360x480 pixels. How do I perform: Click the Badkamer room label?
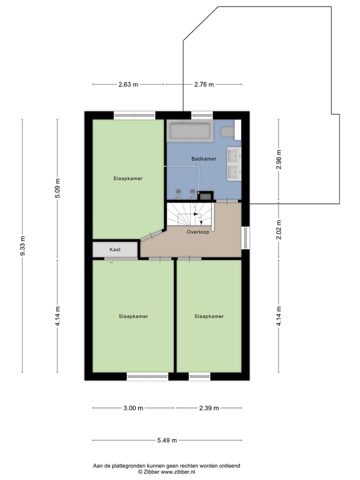tap(203, 158)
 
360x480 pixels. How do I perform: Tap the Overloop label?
tap(198, 232)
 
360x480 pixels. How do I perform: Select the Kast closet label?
tap(115, 249)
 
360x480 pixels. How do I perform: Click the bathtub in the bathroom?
tap(190, 131)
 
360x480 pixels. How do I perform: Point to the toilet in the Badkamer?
tap(229, 132)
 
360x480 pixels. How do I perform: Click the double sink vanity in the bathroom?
tap(234, 164)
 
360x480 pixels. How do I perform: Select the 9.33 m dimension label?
tap(22, 246)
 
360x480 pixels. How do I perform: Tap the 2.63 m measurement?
tap(128, 84)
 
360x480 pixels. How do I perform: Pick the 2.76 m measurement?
tap(203, 84)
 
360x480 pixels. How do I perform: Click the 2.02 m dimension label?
tap(279, 230)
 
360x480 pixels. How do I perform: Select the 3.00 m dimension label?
tap(133, 408)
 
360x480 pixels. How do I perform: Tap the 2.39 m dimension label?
tap(209, 408)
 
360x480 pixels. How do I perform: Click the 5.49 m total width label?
tap(167, 440)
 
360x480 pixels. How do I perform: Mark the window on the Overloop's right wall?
tap(244, 238)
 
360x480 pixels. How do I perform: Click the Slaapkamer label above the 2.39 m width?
tap(209, 316)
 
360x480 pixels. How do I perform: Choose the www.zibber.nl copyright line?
tap(166, 471)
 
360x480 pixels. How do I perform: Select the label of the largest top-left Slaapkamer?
tap(128, 178)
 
